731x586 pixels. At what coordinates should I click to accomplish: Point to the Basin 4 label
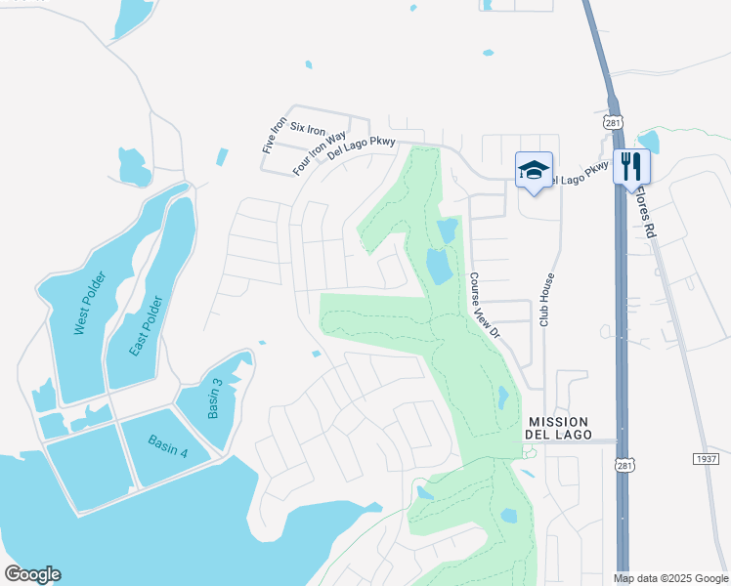167,446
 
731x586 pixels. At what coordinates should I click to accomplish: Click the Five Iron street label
275,134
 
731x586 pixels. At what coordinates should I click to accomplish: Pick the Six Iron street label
309,130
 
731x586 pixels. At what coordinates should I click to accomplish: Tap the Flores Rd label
648,218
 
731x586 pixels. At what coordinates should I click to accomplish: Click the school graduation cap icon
534,169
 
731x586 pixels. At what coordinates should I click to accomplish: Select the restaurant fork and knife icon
631,166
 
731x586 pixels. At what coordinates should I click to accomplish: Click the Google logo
32,574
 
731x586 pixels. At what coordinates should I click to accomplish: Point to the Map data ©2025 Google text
670,578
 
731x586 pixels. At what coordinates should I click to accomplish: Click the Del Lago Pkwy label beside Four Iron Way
362,147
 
